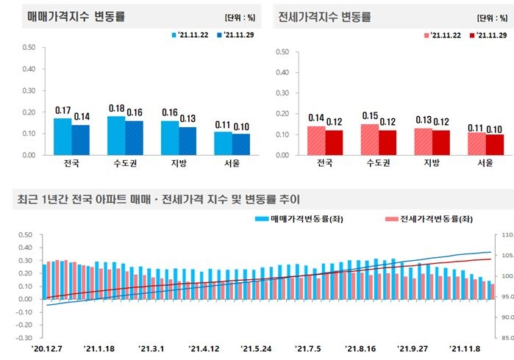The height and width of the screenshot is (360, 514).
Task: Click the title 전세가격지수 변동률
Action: (x=325, y=16)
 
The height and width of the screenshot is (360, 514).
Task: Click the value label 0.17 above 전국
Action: (x=63, y=110)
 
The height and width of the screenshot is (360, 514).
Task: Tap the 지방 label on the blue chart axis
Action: (x=179, y=164)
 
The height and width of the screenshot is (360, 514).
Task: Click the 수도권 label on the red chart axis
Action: (x=379, y=164)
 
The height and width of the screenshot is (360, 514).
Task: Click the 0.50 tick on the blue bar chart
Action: (x=29, y=48)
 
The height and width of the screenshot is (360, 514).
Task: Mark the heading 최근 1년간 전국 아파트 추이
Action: (x=158, y=198)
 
